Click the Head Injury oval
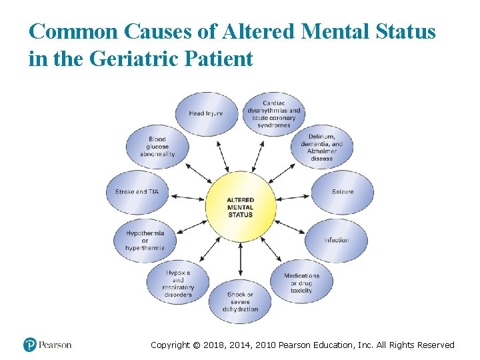coord(205,113)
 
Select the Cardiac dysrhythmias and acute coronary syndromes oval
coord(273,114)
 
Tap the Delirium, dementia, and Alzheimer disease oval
coord(322,147)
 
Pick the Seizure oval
coord(343,192)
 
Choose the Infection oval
coord(337,240)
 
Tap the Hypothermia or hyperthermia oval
coord(145,240)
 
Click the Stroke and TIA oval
coord(137,192)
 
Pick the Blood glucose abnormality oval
coord(157,147)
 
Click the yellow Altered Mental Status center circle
coord(241,207)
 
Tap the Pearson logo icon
coord(29,345)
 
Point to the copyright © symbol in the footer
coord(196,345)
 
